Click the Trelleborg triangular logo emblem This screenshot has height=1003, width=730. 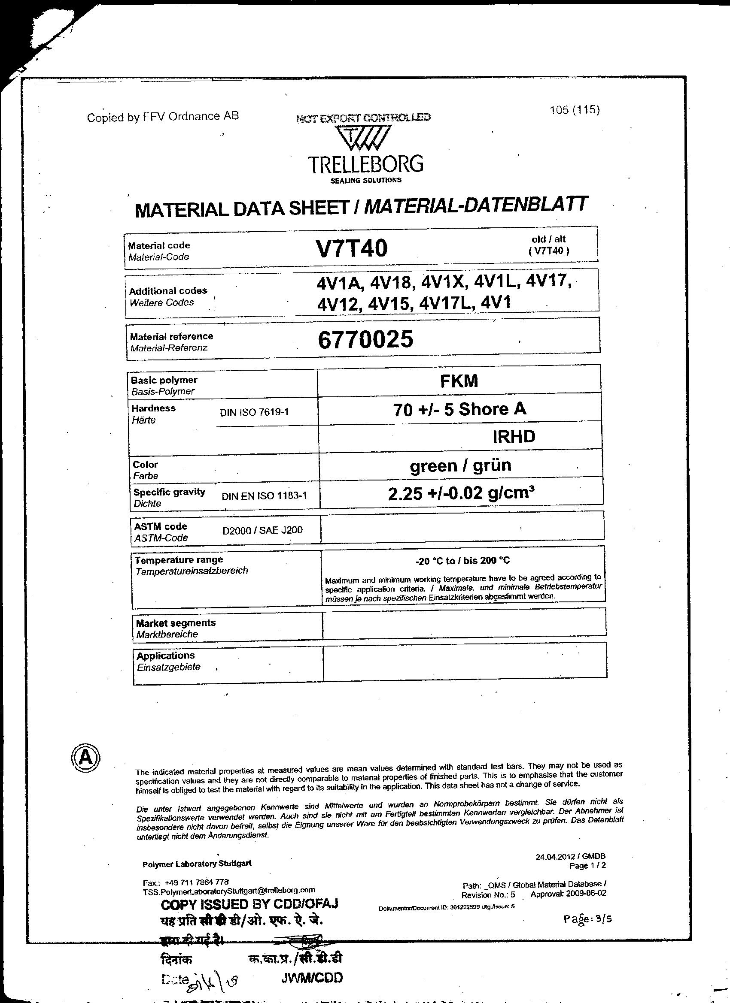coord(362,138)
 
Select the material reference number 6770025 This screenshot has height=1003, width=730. coord(366,339)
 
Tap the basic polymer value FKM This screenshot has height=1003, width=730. coord(459,381)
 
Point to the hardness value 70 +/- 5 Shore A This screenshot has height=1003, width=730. coord(459,410)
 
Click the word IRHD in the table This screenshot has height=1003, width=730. coord(514,437)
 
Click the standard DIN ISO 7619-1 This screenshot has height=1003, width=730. coord(254,412)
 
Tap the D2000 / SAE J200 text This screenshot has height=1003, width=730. coord(262,530)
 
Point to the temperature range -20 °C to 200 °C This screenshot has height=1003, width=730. coord(462,561)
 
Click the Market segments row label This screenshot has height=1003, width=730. coord(176,623)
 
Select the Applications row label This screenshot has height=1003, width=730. coord(166,656)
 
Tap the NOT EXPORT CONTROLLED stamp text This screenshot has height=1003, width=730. coord(362,118)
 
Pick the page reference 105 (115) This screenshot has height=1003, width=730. coord(574,110)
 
